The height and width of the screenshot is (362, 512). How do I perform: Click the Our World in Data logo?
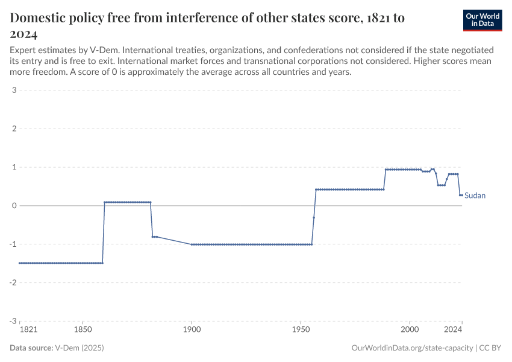click(x=482, y=20)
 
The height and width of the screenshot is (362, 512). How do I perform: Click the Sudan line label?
click(x=475, y=195)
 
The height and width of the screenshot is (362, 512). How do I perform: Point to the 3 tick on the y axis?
click(x=13, y=91)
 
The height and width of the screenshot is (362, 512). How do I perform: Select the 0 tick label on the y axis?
click(x=13, y=206)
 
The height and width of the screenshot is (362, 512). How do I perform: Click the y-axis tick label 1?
click(x=13, y=167)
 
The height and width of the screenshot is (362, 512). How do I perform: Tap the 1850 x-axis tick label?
click(x=83, y=331)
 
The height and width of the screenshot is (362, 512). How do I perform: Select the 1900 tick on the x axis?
click(x=192, y=331)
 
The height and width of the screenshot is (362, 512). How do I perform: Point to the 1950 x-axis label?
click(x=301, y=331)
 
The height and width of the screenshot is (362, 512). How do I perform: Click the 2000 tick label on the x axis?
click(x=410, y=331)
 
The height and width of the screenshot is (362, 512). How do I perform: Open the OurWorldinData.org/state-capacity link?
click(x=412, y=348)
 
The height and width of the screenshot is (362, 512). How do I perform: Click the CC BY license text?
click(x=490, y=348)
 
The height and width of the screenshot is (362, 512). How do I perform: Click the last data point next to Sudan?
click(x=461, y=195)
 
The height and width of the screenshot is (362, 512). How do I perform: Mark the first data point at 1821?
click(x=20, y=263)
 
